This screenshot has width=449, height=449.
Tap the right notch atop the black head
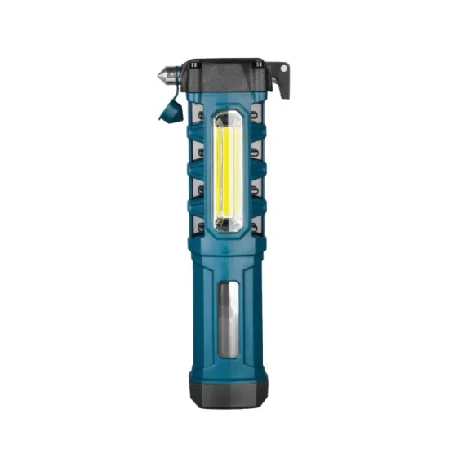pos(259,61)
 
